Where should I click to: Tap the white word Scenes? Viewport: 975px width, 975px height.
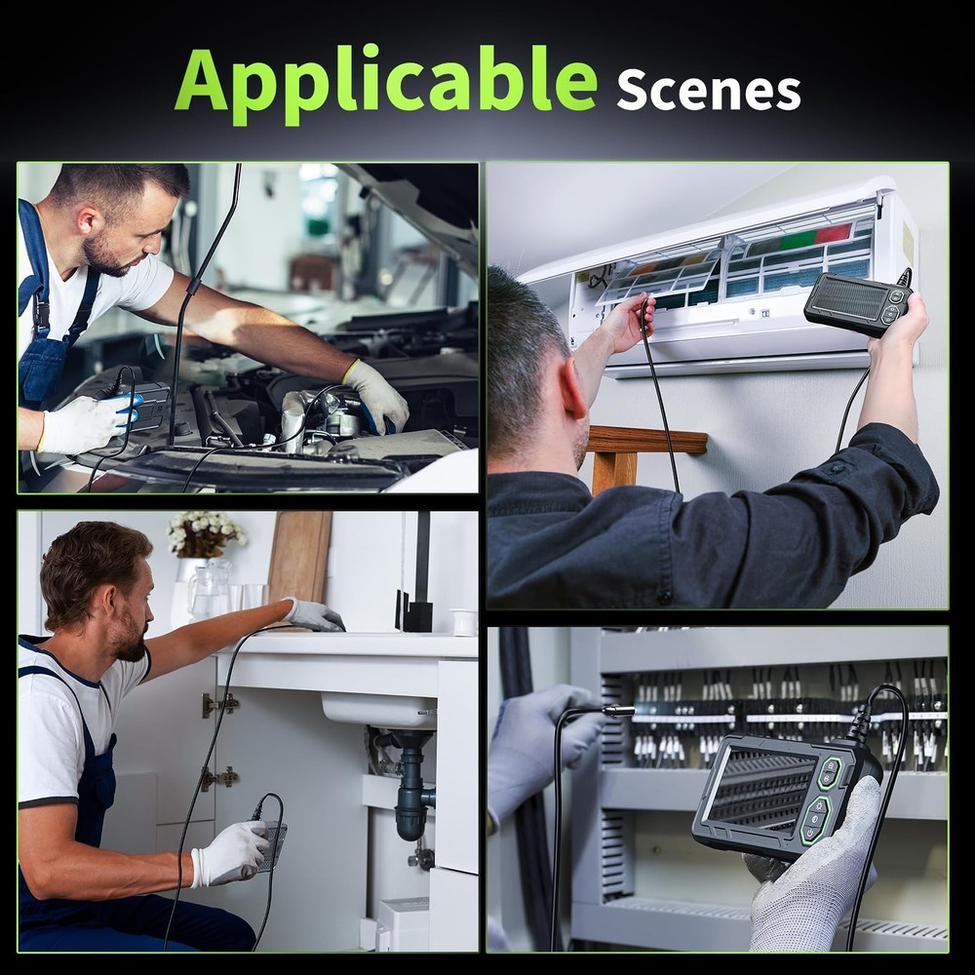(x=708, y=90)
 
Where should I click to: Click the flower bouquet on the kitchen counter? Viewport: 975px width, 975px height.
(x=205, y=534)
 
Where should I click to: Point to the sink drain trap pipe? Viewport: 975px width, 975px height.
(x=410, y=790)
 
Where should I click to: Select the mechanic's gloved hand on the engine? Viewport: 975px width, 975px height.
(x=375, y=394)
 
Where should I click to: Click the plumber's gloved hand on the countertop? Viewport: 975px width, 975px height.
(x=313, y=614)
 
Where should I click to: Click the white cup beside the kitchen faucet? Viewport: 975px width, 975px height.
(x=464, y=621)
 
